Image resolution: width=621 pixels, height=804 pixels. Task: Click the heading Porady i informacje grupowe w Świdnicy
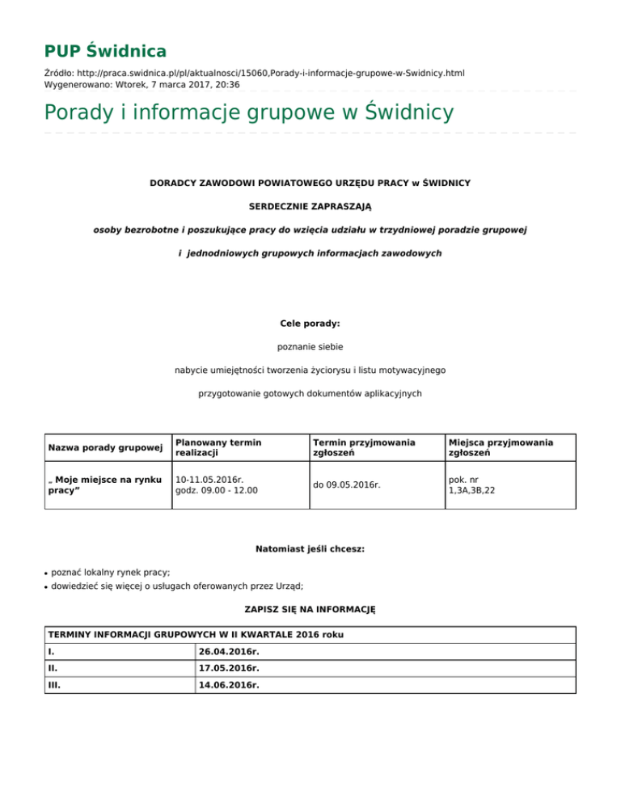(249, 112)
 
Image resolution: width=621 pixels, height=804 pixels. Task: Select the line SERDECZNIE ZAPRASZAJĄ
(310, 206)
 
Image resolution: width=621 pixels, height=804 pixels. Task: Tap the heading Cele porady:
(310, 323)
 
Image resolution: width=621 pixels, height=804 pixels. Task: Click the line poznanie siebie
(310, 346)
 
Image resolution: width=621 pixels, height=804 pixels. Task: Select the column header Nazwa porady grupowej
(106, 447)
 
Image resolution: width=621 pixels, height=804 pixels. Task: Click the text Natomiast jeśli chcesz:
(310, 549)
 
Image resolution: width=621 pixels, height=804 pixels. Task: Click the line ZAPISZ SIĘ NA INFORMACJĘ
(310, 607)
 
